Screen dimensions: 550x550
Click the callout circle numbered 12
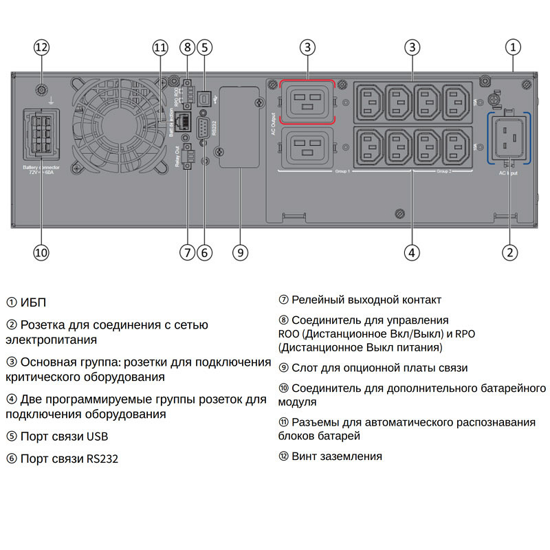[41, 47]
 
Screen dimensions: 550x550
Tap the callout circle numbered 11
[160, 47]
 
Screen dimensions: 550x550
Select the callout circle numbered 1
[512, 47]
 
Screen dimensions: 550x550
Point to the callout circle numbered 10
[41, 252]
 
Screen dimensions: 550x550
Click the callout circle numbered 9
[239, 252]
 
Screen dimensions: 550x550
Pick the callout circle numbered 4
[411, 252]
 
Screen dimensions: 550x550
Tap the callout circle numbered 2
[509, 252]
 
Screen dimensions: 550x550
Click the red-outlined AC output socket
[307, 100]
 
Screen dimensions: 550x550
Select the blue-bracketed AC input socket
[509, 137]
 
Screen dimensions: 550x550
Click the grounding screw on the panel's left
[41, 89]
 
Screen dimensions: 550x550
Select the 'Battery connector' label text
[41, 167]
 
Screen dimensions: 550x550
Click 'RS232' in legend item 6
[102, 459]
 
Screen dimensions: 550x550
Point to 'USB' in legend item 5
[97, 437]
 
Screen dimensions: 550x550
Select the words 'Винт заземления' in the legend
[336, 456]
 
